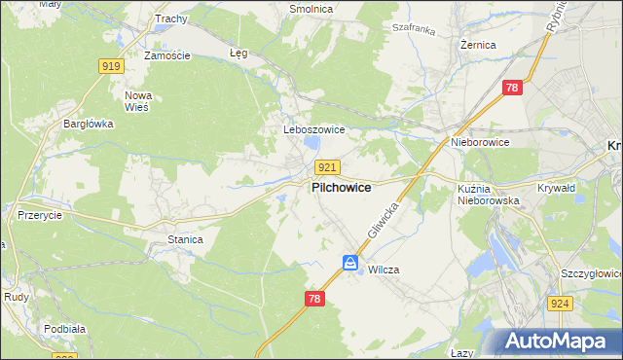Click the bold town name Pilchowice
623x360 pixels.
point(340,188)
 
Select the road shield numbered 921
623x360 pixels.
point(327,167)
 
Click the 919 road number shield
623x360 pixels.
point(111,66)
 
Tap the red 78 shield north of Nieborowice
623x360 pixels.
point(513,89)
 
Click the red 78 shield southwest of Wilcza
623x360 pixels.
point(313,300)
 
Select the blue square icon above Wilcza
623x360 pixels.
point(350,262)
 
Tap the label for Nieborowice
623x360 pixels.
point(480,142)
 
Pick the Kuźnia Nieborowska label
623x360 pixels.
point(488,194)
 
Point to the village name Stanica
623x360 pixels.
point(185,238)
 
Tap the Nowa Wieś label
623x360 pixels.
point(139,101)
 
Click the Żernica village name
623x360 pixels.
point(478,45)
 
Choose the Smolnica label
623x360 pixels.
point(311,9)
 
